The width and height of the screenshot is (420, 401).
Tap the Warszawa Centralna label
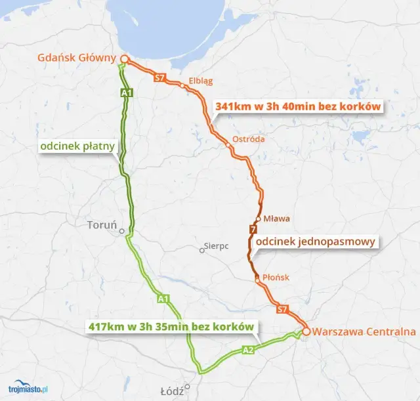(x=365, y=331)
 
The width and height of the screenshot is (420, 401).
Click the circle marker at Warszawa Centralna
(x=306, y=331)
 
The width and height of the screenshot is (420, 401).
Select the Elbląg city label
(x=201, y=81)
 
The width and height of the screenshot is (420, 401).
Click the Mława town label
(x=276, y=219)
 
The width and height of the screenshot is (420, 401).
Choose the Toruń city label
(x=101, y=224)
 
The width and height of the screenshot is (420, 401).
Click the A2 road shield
(x=248, y=350)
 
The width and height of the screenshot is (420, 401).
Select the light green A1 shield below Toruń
(x=164, y=299)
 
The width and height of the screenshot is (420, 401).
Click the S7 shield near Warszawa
(x=282, y=308)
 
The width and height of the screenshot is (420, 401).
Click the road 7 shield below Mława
(x=253, y=229)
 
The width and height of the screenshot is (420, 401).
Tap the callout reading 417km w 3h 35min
(x=170, y=326)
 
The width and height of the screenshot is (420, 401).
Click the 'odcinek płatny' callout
(x=77, y=146)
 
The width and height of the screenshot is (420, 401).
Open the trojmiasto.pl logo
(x=27, y=389)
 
